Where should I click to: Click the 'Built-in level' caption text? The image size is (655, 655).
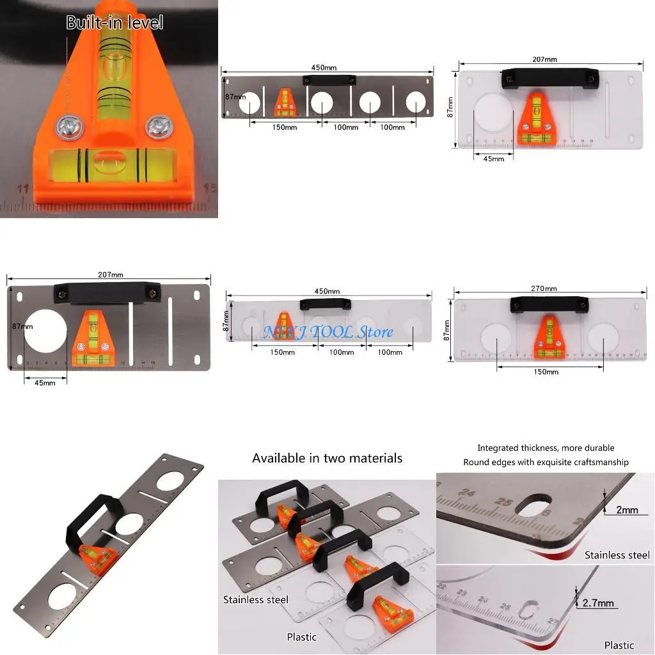[x=114, y=23]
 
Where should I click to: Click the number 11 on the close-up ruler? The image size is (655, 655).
[x=23, y=189]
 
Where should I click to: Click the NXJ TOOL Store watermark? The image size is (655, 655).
[x=328, y=332]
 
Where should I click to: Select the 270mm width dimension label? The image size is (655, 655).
[x=543, y=288]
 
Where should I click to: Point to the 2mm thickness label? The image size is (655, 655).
[x=627, y=510]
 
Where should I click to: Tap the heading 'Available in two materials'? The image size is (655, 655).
[x=327, y=458]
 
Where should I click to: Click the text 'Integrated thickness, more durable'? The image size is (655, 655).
[x=546, y=448]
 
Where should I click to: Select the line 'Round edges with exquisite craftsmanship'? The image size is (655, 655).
[x=546, y=462]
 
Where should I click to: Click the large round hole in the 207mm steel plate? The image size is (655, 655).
[x=46, y=331]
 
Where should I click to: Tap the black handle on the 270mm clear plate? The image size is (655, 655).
[x=549, y=304]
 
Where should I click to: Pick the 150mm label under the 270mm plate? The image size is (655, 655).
[x=546, y=372]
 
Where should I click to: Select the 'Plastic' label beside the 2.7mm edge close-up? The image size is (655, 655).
[x=619, y=645]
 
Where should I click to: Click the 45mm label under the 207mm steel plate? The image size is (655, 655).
[x=44, y=383]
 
